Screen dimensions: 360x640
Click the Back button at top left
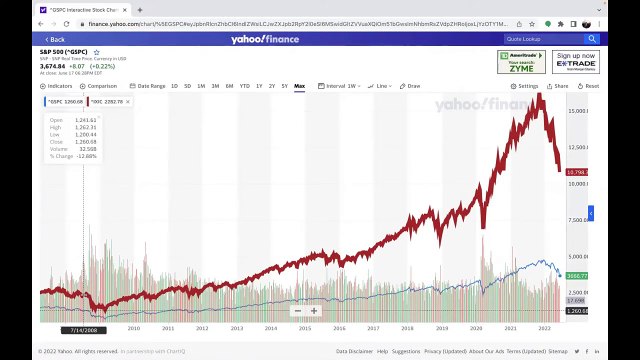(53, 39)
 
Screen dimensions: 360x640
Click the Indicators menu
(58, 86)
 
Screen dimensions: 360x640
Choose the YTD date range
(244, 86)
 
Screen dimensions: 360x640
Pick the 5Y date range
(285, 86)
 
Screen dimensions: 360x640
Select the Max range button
(299, 86)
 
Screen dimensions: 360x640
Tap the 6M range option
(229, 86)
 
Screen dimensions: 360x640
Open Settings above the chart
(526, 86)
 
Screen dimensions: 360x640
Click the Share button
(558, 86)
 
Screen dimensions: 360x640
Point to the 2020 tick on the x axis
(475, 327)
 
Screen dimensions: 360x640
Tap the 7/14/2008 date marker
(83, 328)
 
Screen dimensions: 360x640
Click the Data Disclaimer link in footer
(353, 352)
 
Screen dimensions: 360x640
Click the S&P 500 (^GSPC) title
(64, 50)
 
